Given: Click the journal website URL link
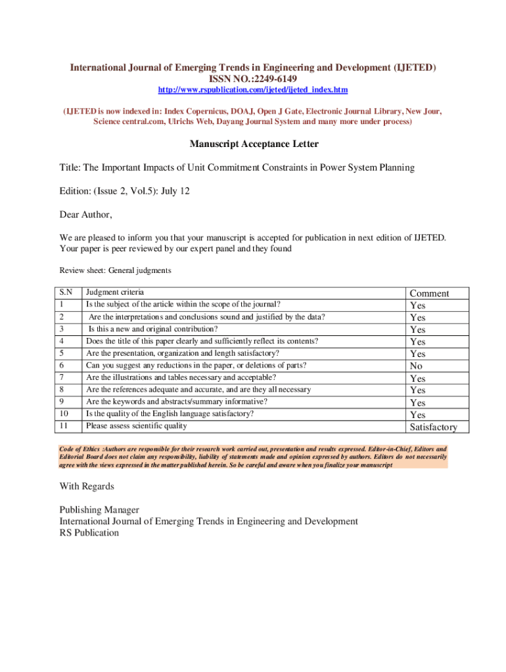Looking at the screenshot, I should click(253, 89).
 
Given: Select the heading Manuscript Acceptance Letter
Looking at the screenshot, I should click(254, 144).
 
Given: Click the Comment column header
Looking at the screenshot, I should click(429, 293).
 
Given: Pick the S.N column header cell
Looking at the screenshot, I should click(66, 293).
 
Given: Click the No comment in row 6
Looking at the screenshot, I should click(416, 366).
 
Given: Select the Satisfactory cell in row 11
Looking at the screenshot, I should click(433, 427).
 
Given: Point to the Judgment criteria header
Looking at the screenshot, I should click(115, 293).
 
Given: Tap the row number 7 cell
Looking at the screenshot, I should click(62, 377).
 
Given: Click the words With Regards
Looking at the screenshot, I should click(87, 486).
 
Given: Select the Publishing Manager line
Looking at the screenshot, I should click(99, 510).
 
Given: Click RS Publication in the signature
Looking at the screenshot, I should click(89, 533).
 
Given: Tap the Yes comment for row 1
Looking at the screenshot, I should click(417, 305).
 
